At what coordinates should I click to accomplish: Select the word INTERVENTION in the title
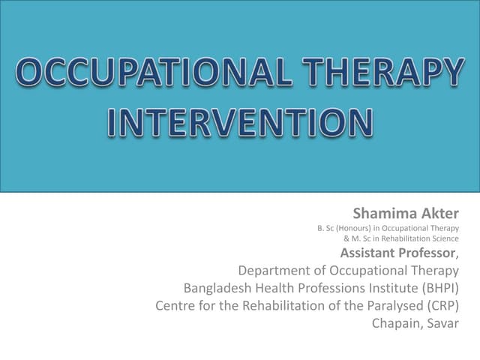click(x=240, y=123)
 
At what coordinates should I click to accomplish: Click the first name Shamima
click(x=379, y=214)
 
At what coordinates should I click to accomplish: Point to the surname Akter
click(x=438, y=214)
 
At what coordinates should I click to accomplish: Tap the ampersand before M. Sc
click(x=346, y=238)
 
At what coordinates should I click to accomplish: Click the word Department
click(x=274, y=270)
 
